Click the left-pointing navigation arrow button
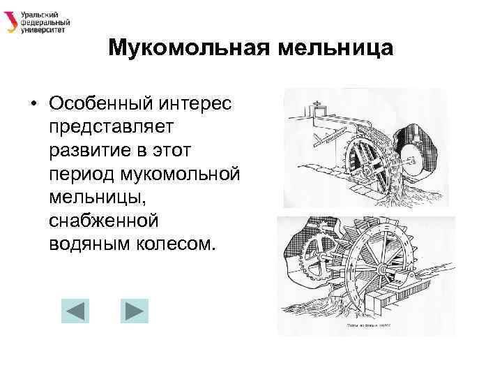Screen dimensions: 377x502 tap(75, 310)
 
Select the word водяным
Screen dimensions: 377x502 tap(86, 244)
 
